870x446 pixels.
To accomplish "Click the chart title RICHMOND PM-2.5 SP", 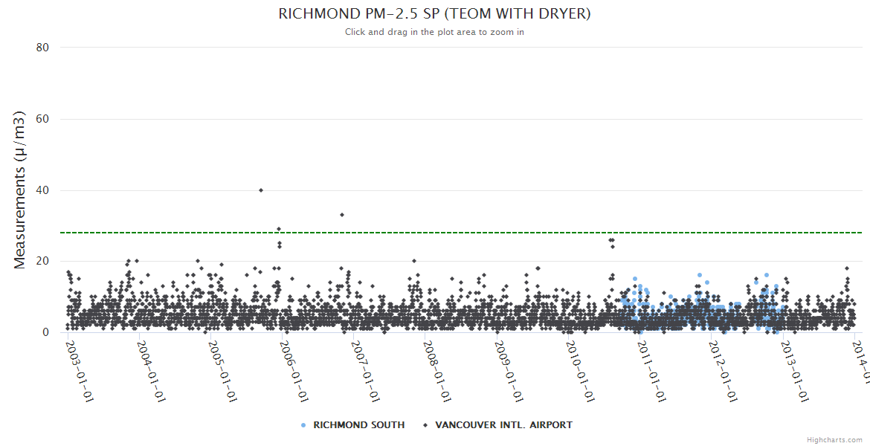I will [x=434, y=14].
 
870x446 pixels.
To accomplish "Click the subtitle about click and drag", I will [x=434, y=32].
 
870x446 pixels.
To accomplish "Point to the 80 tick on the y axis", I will [x=42, y=48].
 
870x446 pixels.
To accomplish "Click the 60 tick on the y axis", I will [x=42, y=119].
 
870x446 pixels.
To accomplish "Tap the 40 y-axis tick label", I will [x=42, y=190].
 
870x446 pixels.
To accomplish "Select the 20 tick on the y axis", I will [x=42, y=262].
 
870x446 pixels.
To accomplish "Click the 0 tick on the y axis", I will [x=45, y=333].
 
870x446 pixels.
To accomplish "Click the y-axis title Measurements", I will [x=20, y=190].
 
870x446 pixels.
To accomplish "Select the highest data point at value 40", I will [x=261, y=190].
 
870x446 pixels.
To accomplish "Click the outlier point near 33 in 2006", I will [x=342, y=215].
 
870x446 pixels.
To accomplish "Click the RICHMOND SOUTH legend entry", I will [x=358, y=425].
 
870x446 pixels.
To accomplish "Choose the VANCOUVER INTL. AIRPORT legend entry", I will [x=503, y=425].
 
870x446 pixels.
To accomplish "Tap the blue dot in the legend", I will [x=303, y=425].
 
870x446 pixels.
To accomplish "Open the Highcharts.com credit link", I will [x=835, y=440].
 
